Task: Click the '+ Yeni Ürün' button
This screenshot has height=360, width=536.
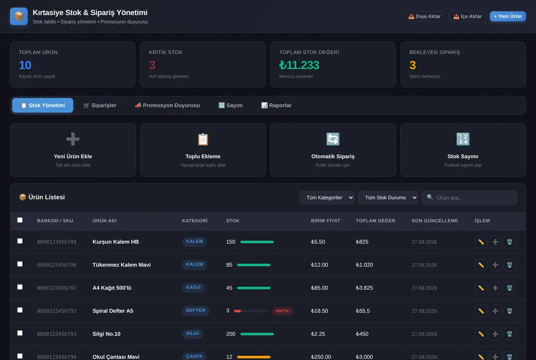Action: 507,16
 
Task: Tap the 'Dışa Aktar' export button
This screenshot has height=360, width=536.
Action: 424,16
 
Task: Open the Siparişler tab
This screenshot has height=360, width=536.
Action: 100,105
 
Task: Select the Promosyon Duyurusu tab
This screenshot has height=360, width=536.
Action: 167,105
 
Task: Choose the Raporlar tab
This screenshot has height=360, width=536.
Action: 276,105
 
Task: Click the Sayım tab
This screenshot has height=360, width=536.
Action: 230,105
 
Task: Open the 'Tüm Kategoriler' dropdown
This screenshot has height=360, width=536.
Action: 327,197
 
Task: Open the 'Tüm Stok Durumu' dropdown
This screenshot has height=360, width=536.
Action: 388,197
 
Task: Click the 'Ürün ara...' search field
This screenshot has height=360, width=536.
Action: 469,197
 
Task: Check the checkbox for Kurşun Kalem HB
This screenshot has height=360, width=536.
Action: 20,241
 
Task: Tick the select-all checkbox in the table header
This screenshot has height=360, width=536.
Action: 20,220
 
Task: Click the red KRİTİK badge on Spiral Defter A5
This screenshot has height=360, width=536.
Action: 282,311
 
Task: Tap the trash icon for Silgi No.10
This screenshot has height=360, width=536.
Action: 510,334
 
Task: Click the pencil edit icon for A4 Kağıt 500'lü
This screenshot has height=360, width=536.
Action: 481,288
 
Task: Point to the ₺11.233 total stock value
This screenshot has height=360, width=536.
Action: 299,65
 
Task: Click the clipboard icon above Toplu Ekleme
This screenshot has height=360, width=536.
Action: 203,139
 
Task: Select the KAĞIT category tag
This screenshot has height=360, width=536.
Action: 193,288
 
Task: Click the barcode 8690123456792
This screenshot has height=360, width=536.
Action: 57,311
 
